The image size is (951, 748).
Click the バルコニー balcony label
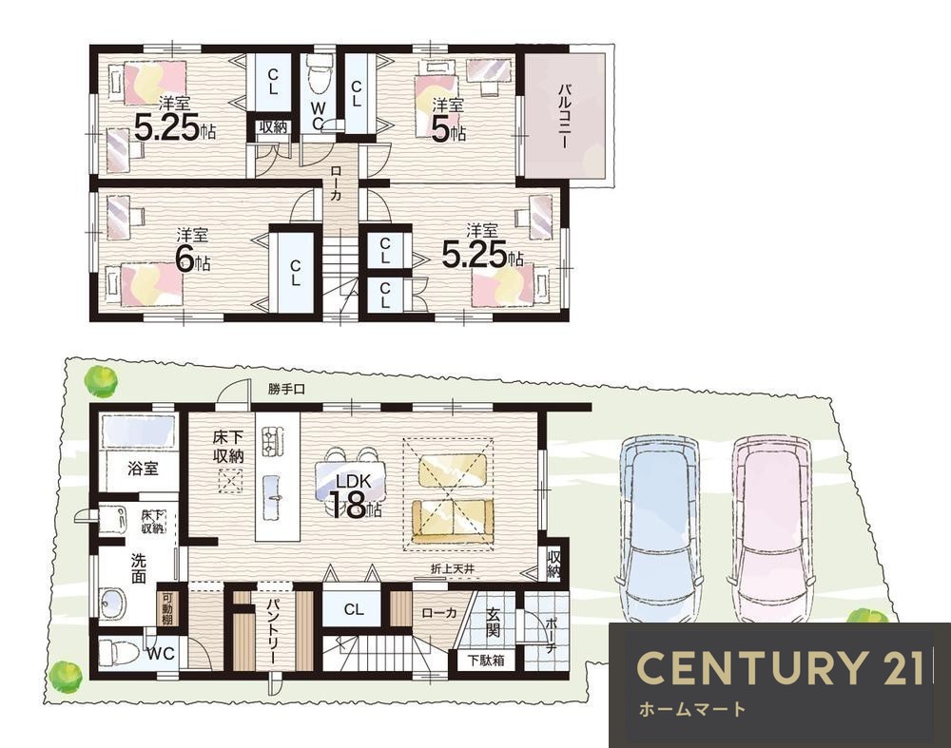pyautogui.click(x=563, y=117)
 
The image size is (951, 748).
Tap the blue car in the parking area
pyautogui.click(x=659, y=527)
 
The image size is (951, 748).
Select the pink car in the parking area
pyautogui.click(x=772, y=527)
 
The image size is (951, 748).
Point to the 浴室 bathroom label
pyautogui.click(x=144, y=468)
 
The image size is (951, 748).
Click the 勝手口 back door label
pyautogui.click(x=287, y=390)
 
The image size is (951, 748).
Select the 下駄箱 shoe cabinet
pyautogui.click(x=485, y=661)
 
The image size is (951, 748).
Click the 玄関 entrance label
pyautogui.click(x=493, y=623)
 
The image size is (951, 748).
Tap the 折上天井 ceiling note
pyautogui.click(x=453, y=569)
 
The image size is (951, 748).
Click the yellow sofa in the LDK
pyautogui.click(x=453, y=521)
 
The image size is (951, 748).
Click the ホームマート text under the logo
pyautogui.click(x=692, y=709)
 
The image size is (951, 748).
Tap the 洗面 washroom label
pyautogui.click(x=139, y=568)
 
